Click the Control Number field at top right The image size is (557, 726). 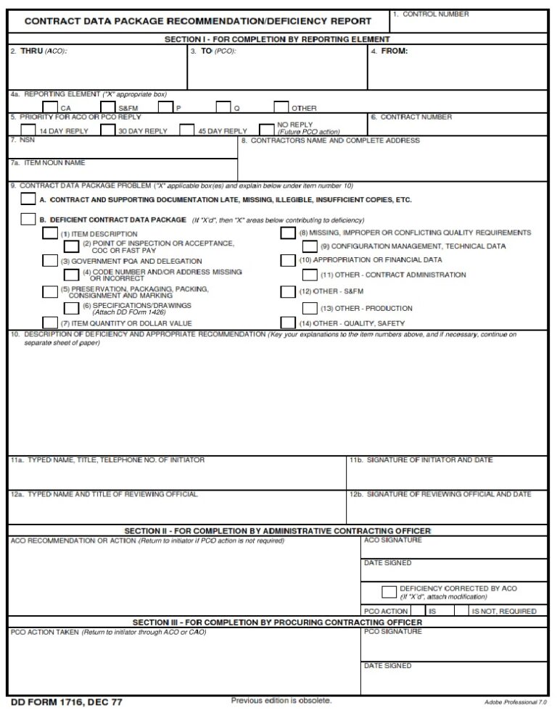pos(469,22)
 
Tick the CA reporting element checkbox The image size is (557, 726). pos(50,107)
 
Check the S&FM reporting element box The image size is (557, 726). pos(107,107)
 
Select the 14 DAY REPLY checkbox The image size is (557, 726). pos(28,130)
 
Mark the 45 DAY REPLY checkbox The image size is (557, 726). pos(187,130)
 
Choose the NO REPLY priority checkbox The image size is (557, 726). pos(267,129)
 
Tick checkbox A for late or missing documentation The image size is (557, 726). pos(28,199)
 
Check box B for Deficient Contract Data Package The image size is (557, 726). pos(28,219)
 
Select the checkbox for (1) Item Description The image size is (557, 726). pos(49,233)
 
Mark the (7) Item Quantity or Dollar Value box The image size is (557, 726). pos(49,322)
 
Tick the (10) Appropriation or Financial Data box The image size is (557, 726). pos(288,259)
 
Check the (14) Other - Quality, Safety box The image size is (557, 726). pos(288,322)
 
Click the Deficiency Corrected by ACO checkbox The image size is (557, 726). pos(389,591)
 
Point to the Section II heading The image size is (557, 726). pos(278,531)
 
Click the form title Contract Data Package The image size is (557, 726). pos(198,22)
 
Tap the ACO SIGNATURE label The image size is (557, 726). pos(392,541)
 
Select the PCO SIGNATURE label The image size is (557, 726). pos(392,632)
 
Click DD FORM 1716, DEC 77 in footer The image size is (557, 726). pos(67,702)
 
